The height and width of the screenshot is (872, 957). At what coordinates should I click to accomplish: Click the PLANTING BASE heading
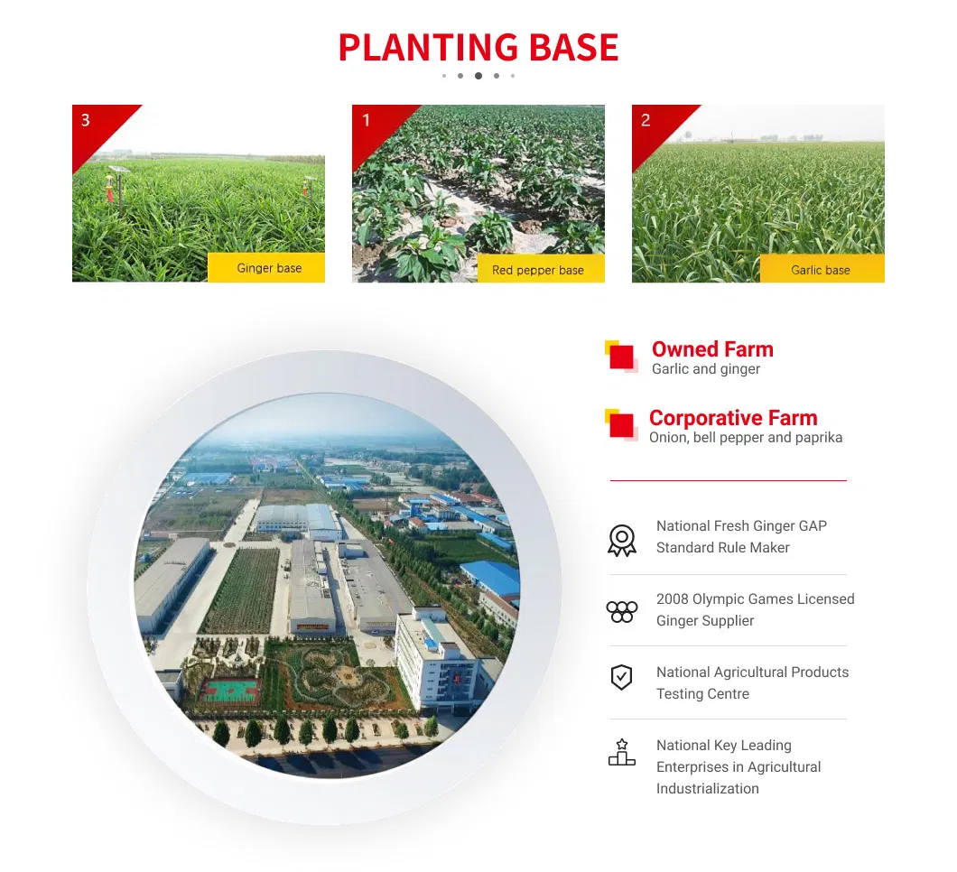478,48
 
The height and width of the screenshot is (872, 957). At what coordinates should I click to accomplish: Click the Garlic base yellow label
822,269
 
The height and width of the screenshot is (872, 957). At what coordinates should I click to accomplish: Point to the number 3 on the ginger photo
86,120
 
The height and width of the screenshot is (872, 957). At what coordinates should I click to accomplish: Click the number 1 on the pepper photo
367,120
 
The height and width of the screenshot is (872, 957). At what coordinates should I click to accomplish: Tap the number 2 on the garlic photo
646,120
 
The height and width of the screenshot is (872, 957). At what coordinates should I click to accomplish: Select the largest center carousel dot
478,76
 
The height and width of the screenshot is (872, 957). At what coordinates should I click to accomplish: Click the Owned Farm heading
712,349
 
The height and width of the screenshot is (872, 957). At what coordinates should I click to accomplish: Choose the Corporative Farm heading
733,418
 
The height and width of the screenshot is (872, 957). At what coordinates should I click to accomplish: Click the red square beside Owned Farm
621,357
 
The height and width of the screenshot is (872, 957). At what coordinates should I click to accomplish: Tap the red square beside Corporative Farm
621,424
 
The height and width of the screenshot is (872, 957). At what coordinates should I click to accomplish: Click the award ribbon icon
622,540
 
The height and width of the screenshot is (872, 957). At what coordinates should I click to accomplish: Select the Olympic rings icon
622,611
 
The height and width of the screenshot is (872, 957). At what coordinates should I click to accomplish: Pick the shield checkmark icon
621,677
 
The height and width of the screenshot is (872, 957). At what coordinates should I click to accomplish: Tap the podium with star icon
622,752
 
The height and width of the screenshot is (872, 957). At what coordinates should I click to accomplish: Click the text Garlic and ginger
705,369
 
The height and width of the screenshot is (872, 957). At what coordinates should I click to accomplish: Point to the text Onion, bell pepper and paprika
746,438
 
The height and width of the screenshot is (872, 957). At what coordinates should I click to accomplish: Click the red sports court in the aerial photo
230,691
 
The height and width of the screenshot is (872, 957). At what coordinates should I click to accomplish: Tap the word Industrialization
708,788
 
